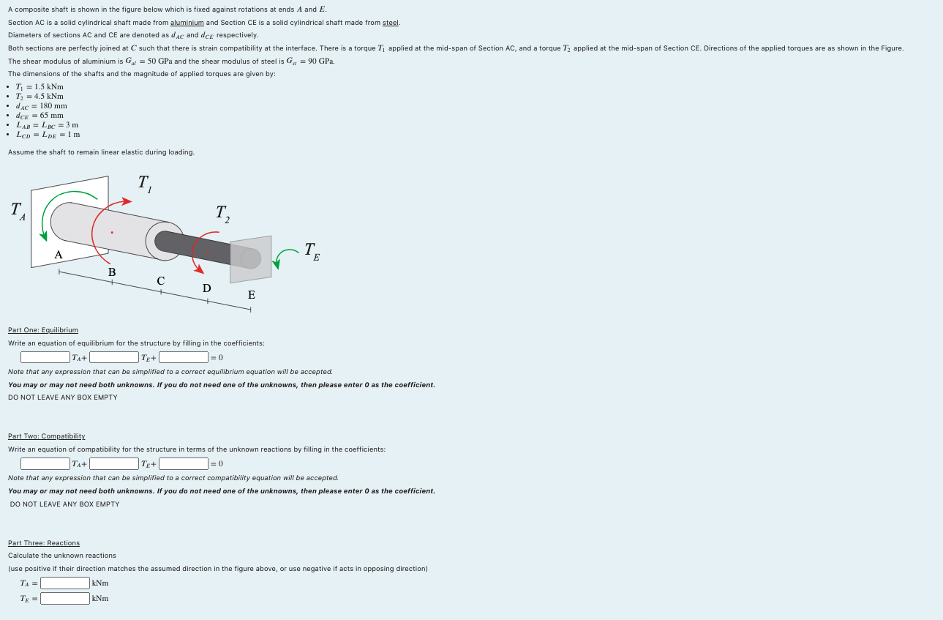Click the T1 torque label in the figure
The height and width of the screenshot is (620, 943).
[144, 183]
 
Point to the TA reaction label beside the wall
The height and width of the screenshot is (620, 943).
[18, 211]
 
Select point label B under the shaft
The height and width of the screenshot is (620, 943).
[112, 272]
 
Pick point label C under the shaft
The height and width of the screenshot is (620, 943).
[160, 280]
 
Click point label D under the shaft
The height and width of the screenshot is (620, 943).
[207, 288]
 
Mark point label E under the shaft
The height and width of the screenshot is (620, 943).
[252, 295]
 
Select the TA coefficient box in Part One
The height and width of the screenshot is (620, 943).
[45, 357]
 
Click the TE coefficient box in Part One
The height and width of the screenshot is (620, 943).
[114, 357]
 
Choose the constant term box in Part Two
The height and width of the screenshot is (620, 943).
[184, 463]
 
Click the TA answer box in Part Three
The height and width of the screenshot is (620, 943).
[65, 583]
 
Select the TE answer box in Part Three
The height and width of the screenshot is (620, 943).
[65, 598]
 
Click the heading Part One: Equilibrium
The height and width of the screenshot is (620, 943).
[42, 330]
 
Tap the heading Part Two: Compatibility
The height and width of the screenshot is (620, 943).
[46, 436]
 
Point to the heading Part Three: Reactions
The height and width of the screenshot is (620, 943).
[44, 543]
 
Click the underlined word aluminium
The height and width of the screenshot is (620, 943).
[187, 23]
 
